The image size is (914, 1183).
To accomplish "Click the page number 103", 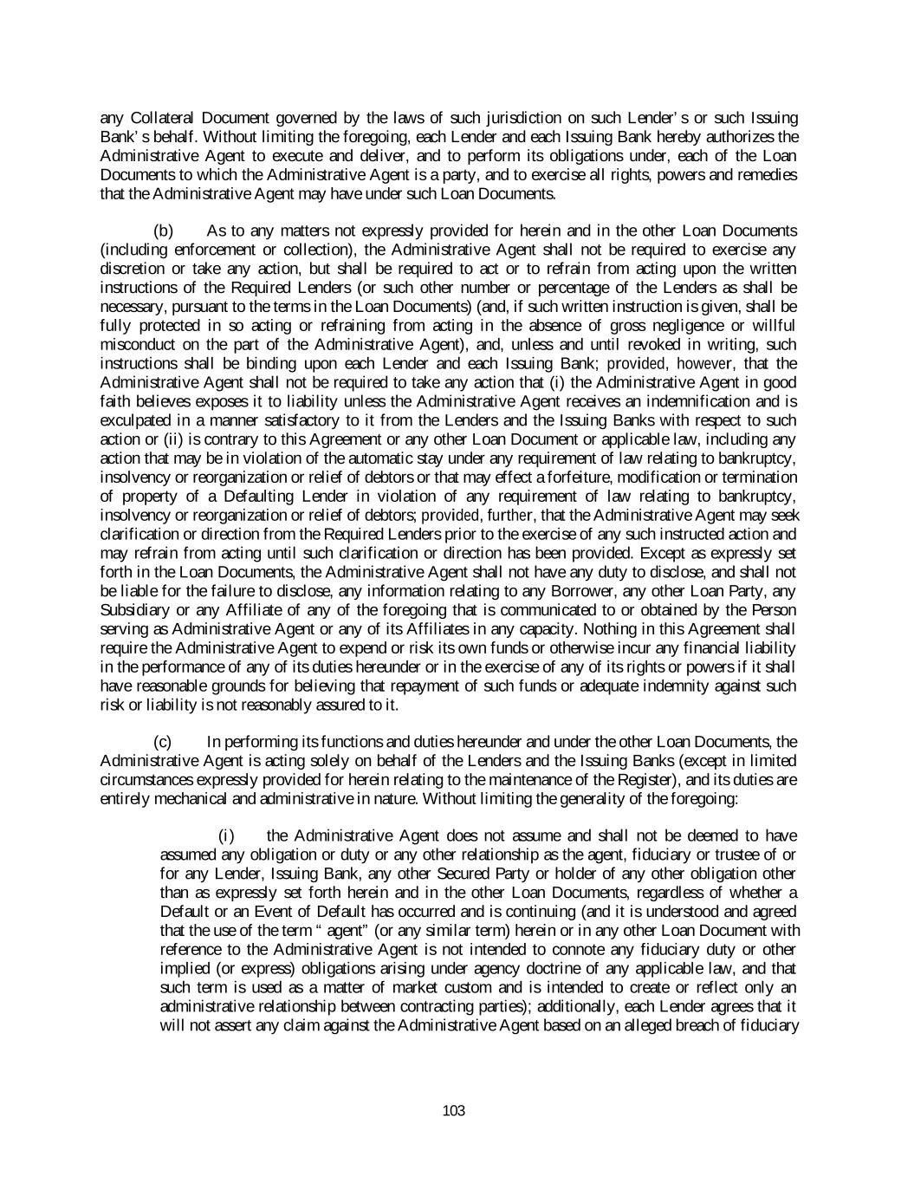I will coord(453,1110).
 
